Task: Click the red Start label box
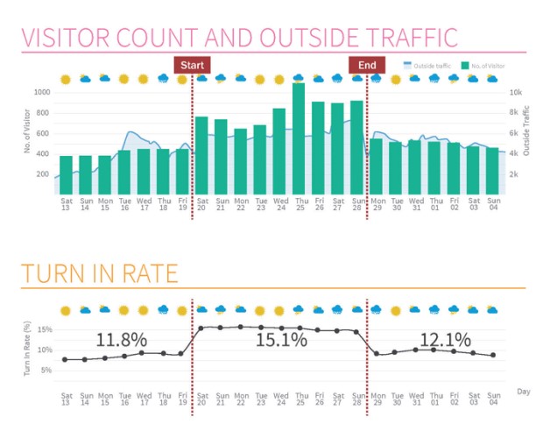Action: tap(192, 65)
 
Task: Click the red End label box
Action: tap(367, 65)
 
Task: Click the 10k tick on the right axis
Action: tap(516, 92)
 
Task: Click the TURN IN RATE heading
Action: tap(100, 274)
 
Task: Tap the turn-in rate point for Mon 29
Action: tap(376, 354)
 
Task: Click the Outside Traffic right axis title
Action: tap(527, 131)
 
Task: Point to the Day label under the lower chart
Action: tap(523, 391)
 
